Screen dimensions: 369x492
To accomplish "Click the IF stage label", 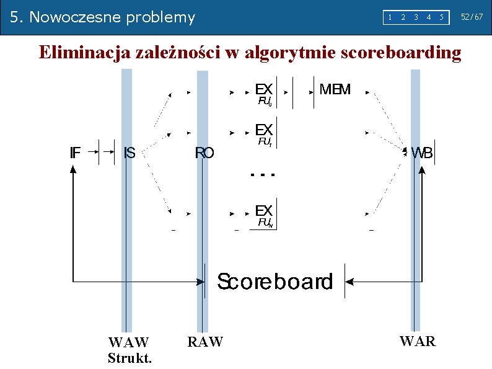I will click(74, 153).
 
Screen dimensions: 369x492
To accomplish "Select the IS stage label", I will click(130, 153).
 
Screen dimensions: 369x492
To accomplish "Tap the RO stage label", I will click(204, 153).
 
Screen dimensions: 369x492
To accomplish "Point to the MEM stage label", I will click(335, 89).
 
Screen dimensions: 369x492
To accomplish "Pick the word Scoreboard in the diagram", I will click(275, 282).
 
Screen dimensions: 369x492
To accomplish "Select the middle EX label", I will click(264, 130).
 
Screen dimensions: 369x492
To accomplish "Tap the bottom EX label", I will click(264, 211).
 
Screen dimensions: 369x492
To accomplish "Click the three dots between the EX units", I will click(262, 175).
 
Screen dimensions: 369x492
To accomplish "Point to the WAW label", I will click(128, 342).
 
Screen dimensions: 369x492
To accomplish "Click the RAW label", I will click(205, 341).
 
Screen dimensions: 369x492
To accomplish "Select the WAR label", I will click(418, 341).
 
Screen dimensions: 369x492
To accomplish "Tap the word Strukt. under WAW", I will click(130, 358).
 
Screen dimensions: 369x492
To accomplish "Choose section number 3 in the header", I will click(415, 17).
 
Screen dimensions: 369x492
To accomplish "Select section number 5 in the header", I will click(441, 17).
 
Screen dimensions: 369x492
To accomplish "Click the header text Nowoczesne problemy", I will click(112, 17).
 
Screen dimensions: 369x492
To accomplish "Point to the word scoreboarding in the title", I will click(402, 53).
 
